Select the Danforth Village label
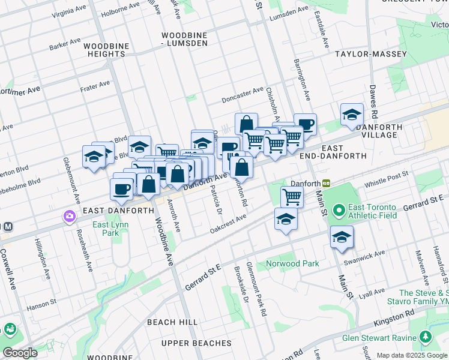click(376, 131)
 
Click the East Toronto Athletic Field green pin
click(339, 211)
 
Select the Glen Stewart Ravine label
click(379, 338)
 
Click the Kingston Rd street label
click(394, 317)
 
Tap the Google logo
click(19, 353)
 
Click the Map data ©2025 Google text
click(412, 355)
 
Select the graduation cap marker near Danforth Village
click(352, 115)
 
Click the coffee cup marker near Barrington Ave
click(306, 124)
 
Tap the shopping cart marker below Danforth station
click(292, 196)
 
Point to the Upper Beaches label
click(196, 343)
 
